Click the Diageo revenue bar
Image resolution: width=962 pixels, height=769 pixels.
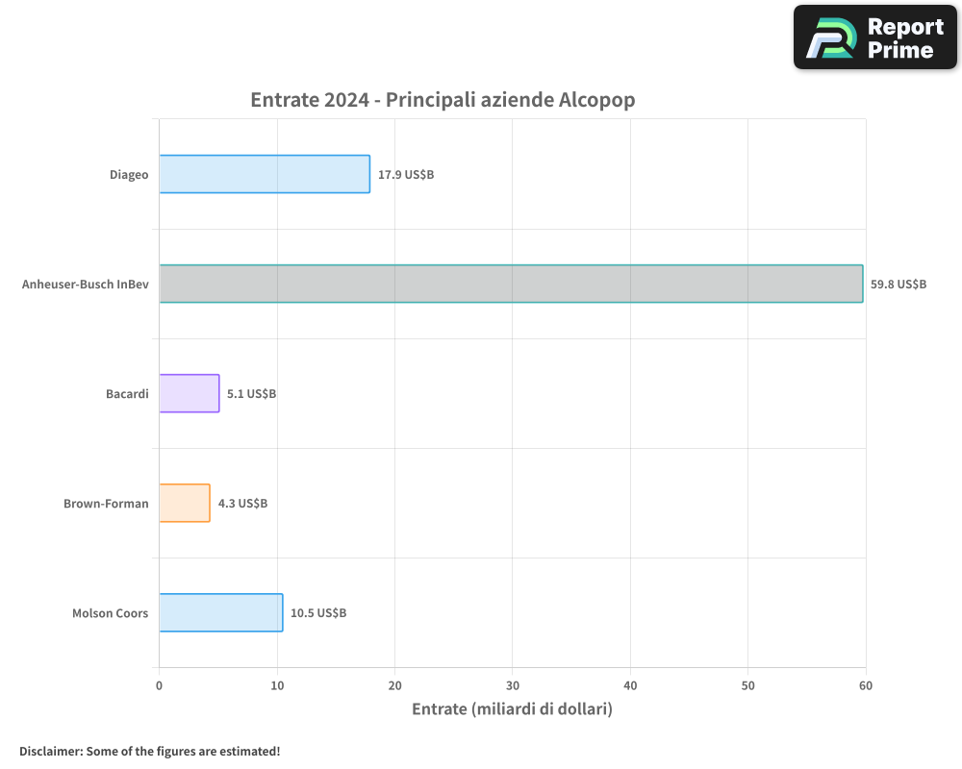click(265, 174)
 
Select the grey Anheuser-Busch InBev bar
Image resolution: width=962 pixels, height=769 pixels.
click(511, 284)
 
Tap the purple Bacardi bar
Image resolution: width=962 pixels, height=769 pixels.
click(190, 393)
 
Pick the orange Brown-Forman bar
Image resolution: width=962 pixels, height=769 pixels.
click(185, 503)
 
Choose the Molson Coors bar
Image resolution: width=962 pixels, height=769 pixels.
click(221, 612)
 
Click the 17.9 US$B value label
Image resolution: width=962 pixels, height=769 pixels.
click(406, 175)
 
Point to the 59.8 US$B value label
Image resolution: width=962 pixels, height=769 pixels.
click(899, 285)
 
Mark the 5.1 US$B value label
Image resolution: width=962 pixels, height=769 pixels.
click(251, 394)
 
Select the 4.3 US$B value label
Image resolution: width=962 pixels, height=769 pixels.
click(242, 504)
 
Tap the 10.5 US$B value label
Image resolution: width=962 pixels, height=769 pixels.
click(318, 613)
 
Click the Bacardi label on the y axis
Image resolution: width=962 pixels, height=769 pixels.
click(127, 394)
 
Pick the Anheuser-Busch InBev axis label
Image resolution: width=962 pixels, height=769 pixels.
click(85, 285)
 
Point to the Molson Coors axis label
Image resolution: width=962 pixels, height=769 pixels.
click(110, 613)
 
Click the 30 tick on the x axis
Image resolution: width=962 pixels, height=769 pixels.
click(512, 685)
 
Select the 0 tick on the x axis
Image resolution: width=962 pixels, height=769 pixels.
click(159, 685)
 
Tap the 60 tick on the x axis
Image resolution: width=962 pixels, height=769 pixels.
click(865, 685)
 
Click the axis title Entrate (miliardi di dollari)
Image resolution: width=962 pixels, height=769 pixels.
click(512, 709)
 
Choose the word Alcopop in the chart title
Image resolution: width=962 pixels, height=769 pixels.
click(596, 100)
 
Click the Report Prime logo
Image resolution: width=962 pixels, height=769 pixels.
click(874, 37)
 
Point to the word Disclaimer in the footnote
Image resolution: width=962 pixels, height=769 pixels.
click(49, 751)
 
